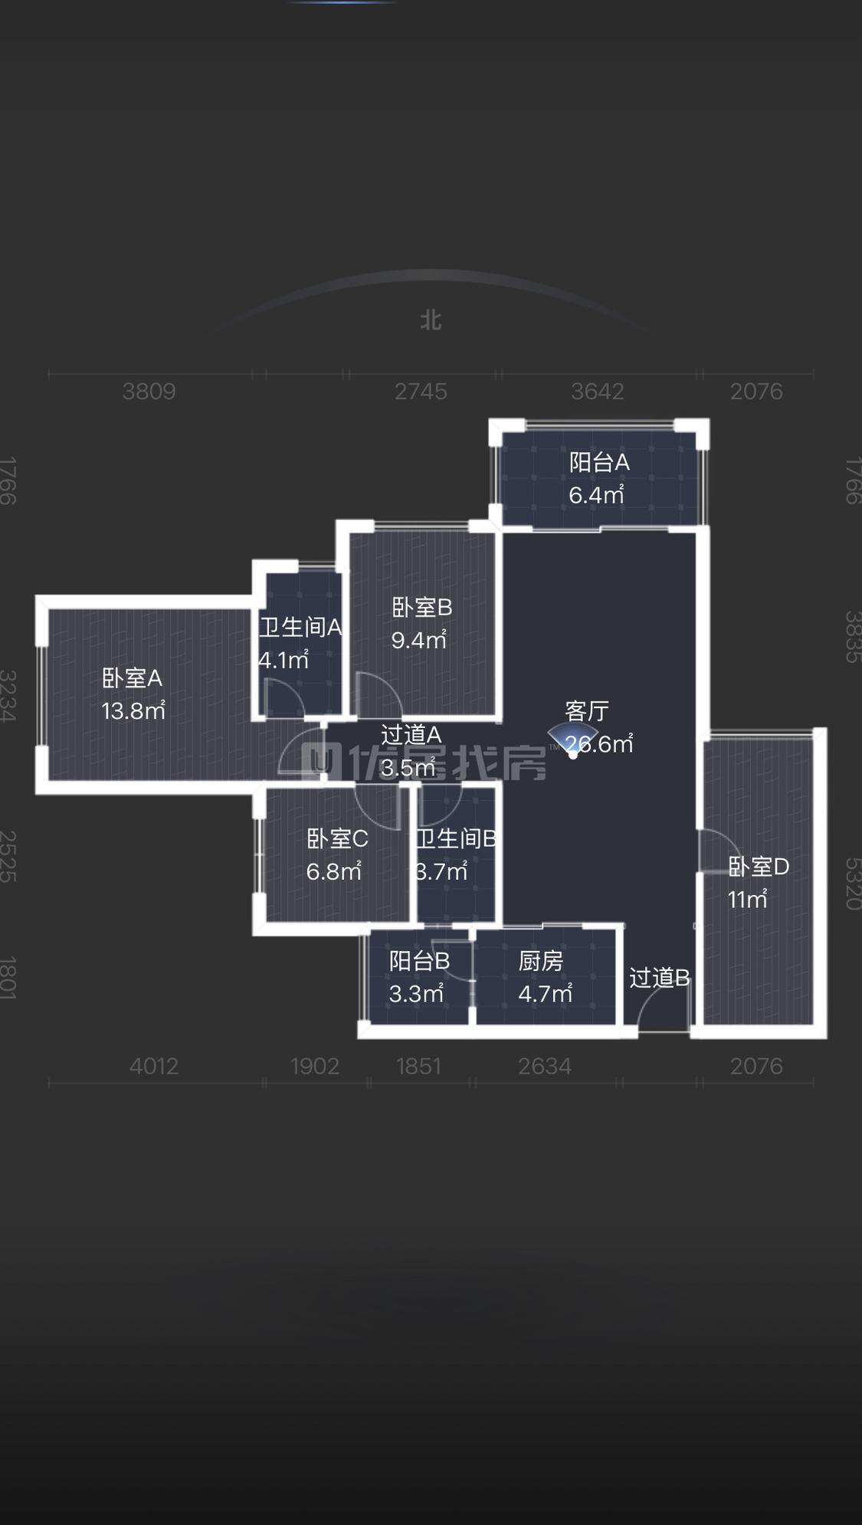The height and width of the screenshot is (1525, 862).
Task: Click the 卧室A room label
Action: (x=132, y=678)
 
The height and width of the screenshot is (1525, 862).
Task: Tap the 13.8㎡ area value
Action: (x=133, y=711)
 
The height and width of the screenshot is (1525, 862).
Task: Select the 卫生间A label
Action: (x=300, y=628)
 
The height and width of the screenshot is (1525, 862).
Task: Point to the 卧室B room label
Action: (x=421, y=608)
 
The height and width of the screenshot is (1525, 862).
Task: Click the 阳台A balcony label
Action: (x=599, y=462)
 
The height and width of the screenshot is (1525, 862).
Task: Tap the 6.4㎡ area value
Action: (x=596, y=495)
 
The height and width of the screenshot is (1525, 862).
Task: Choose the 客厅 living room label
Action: (x=587, y=711)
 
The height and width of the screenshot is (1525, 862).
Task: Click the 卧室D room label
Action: (x=758, y=867)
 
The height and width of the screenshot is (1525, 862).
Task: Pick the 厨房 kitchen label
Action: (x=541, y=961)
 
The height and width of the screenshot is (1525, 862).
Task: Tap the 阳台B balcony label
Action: (x=419, y=961)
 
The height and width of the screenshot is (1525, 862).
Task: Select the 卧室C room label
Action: (x=337, y=839)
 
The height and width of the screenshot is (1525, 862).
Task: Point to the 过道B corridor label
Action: (x=659, y=978)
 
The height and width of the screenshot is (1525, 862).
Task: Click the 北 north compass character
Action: (x=431, y=320)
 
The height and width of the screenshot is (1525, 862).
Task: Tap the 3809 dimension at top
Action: (x=149, y=392)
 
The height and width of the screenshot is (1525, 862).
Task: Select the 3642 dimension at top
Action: (x=598, y=392)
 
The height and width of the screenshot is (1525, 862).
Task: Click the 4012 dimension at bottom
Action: (x=154, y=1066)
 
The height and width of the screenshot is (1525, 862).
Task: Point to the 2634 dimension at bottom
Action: (x=545, y=1066)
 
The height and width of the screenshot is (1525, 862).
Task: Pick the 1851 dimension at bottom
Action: (x=419, y=1066)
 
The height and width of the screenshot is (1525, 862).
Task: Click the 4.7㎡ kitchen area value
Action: (x=546, y=994)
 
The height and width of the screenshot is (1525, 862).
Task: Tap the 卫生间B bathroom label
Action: (x=456, y=839)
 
